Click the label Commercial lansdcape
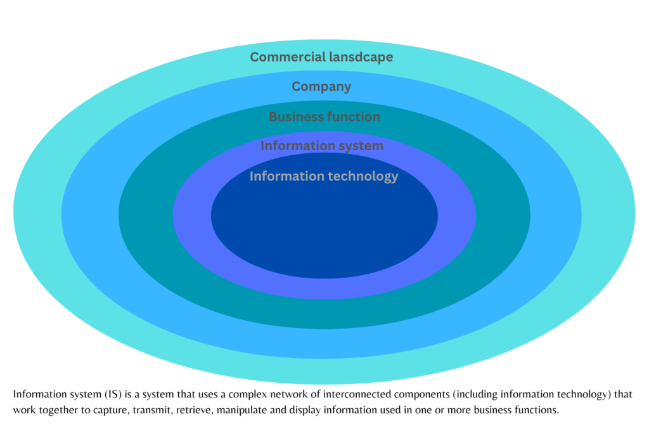pos(321,57)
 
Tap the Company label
pos(321,87)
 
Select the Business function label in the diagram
pos(324,117)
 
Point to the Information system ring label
pos(322,146)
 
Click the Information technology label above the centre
pos(324,176)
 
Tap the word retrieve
pos(183,410)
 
